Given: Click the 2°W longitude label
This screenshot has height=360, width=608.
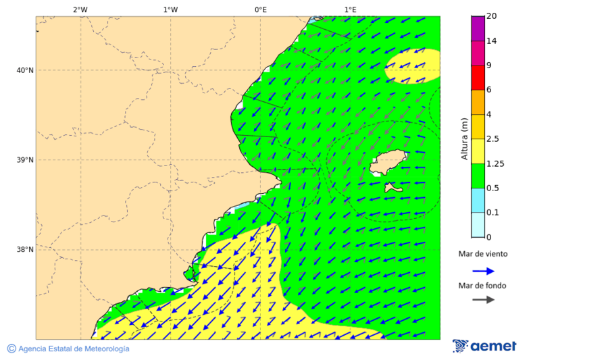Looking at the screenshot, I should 80,9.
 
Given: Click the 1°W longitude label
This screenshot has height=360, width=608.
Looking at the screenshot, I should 170,9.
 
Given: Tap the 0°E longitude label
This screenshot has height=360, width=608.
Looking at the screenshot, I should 260,9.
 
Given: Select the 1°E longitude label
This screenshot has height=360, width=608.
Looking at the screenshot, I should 351,9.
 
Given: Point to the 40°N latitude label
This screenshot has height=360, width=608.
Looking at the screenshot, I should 25,70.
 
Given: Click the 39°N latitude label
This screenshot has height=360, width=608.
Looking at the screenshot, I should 25,160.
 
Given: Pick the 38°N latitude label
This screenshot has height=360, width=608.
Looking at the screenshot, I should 25,250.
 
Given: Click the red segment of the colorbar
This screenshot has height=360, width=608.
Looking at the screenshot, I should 478,78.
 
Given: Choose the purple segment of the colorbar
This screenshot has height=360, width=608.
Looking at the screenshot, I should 478,28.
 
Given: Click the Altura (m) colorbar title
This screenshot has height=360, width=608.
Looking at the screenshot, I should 464,139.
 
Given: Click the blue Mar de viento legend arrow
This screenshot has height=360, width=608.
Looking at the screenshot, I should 483,271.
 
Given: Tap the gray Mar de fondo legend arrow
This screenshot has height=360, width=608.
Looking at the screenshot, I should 483,299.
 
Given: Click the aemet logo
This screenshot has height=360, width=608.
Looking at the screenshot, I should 484,346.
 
